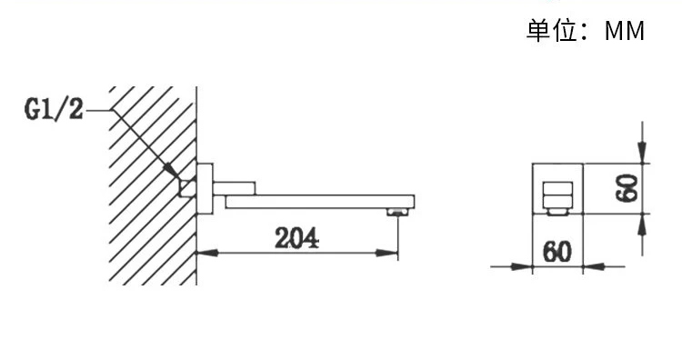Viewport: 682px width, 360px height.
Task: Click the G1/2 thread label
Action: click(x=54, y=109)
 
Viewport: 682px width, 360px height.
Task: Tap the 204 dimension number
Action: click(x=296, y=238)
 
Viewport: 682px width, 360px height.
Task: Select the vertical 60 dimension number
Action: click(x=627, y=188)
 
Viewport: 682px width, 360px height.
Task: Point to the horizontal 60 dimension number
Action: click(x=557, y=251)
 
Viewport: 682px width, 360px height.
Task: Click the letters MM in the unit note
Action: click(x=625, y=31)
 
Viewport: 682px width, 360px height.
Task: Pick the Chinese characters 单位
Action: click(x=553, y=30)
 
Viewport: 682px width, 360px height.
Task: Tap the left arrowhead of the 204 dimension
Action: click(x=207, y=252)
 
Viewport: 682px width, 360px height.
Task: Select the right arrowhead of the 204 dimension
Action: click(x=387, y=252)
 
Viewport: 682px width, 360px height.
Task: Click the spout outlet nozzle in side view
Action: click(x=398, y=212)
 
